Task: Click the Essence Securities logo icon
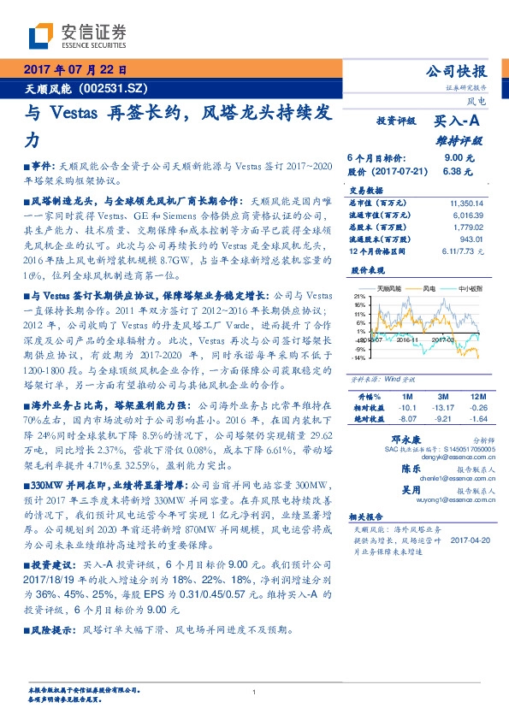coord(41,34)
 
